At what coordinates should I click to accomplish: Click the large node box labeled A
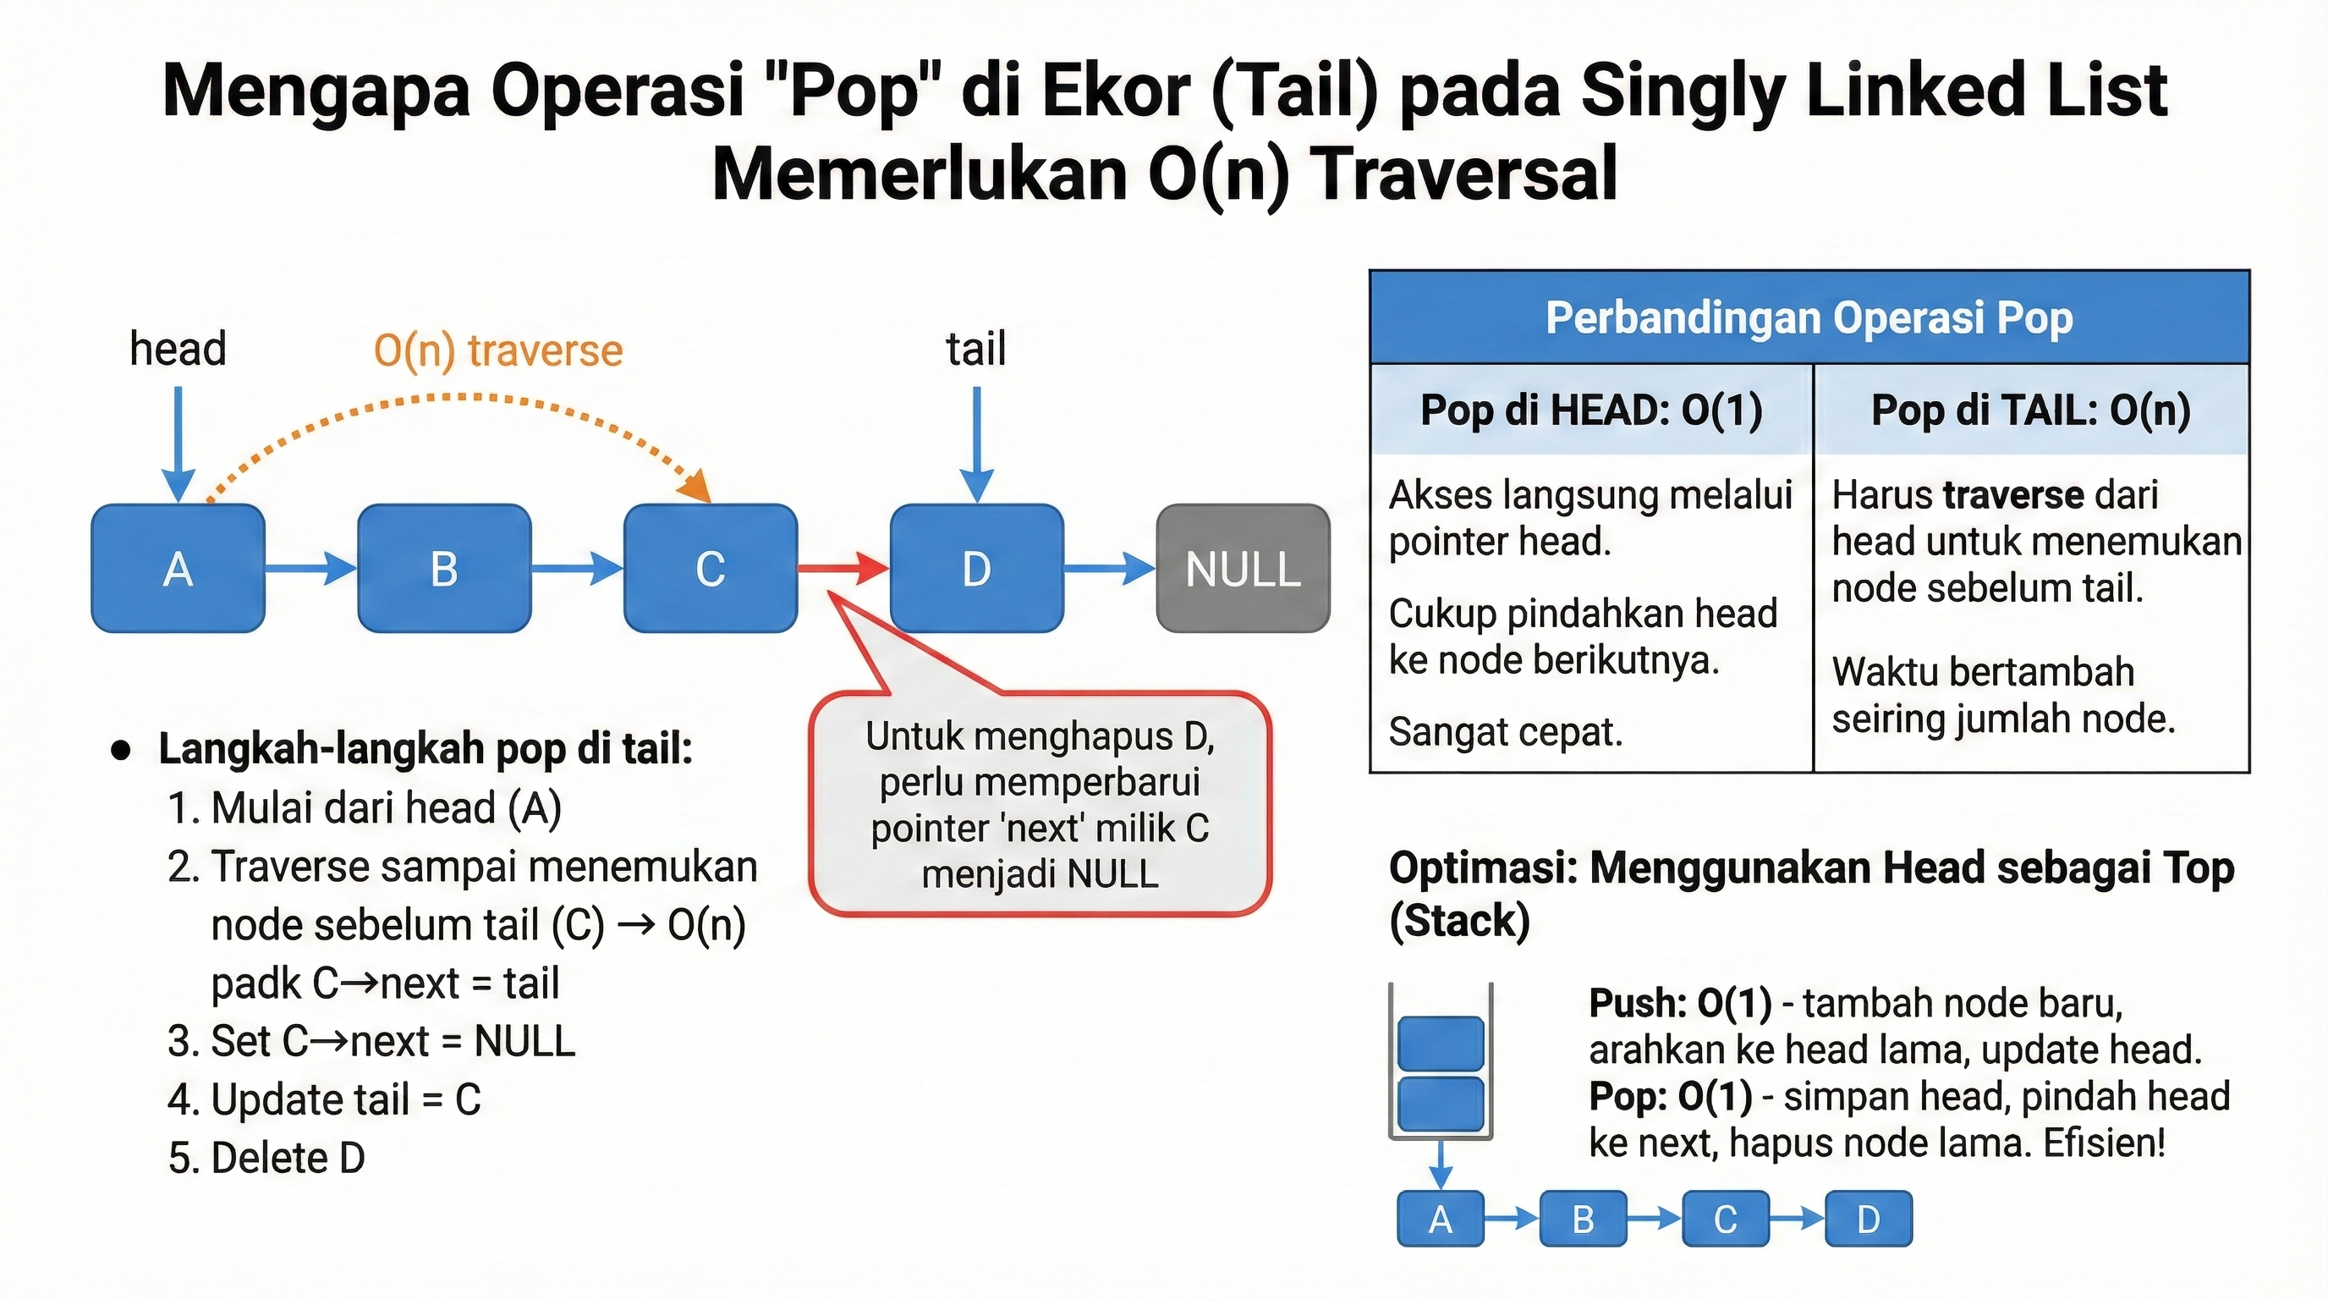click(x=178, y=568)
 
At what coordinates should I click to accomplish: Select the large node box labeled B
click(x=444, y=568)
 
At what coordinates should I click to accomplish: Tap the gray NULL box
click(x=1243, y=568)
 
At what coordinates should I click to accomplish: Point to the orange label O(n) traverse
click(x=498, y=350)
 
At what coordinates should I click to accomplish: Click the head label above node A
click(x=177, y=349)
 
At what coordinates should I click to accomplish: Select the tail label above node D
click(x=975, y=349)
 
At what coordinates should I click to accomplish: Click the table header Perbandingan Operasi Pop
click(x=1809, y=318)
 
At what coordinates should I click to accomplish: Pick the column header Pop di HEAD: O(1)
click(x=1590, y=410)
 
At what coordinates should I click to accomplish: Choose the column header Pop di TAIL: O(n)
click(x=2031, y=410)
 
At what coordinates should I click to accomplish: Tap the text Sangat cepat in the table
click(x=1505, y=732)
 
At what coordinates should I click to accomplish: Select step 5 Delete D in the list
click(x=266, y=1158)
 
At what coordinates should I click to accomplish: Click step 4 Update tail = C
click(x=325, y=1099)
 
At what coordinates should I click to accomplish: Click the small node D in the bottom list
click(x=1868, y=1220)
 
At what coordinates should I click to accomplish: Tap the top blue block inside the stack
click(x=1441, y=1044)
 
